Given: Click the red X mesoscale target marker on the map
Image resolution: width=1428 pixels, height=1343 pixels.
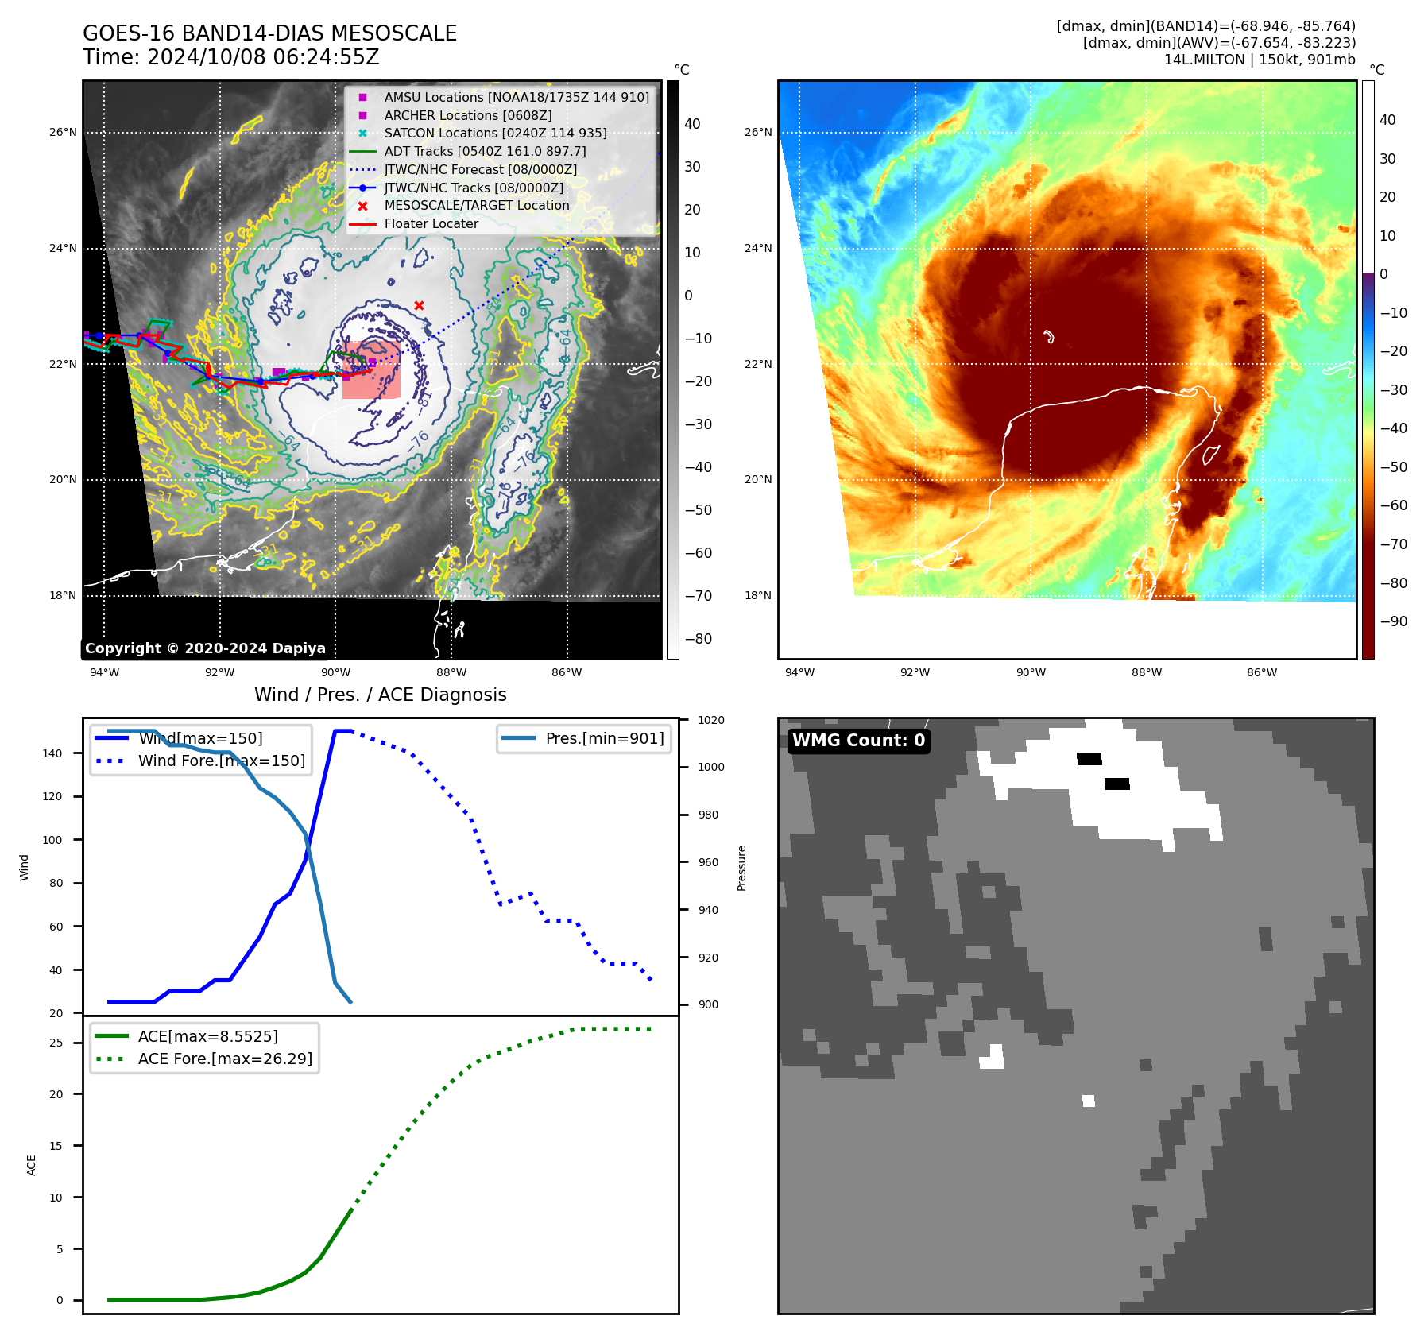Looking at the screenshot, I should click(419, 305).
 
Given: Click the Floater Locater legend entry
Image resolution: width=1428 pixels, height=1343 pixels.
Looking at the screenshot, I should click(431, 223).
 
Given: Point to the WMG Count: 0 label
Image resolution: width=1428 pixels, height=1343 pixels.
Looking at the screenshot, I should click(858, 741).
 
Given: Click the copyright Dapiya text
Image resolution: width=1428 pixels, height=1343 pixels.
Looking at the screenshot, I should click(205, 648).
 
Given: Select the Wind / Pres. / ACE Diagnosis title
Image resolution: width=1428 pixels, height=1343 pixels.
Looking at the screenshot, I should click(380, 695).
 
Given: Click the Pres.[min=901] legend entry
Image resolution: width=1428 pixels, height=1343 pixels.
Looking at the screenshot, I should click(604, 738).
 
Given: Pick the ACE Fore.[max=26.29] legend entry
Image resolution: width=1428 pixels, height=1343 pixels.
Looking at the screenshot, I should click(225, 1059).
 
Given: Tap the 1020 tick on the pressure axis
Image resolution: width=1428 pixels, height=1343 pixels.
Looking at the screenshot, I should click(710, 720).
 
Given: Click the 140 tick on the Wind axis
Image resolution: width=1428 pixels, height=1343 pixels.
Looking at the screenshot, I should click(52, 753).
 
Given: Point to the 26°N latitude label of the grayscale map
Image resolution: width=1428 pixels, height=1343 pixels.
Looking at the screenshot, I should click(63, 132).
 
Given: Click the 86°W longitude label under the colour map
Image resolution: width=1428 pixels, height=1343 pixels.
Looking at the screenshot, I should click(1261, 672).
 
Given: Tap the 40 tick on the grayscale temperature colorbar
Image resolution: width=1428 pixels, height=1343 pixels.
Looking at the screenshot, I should click(692, 124).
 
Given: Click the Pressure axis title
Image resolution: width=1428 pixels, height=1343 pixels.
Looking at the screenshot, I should click(741, 868).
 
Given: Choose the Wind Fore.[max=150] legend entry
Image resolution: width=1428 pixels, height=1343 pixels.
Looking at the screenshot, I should click(221, 761).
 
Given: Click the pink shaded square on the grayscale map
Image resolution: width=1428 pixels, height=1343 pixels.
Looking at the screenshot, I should click(371, 370).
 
